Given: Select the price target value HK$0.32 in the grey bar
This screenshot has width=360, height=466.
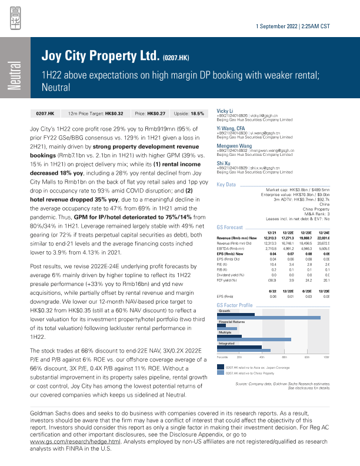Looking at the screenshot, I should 111,112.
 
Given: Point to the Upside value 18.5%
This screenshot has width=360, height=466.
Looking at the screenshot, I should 197,112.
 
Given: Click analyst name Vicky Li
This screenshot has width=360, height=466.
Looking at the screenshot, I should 226,110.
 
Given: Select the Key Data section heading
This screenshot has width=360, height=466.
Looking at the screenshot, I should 226,184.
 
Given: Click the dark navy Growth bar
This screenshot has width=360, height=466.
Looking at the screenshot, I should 236,315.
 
